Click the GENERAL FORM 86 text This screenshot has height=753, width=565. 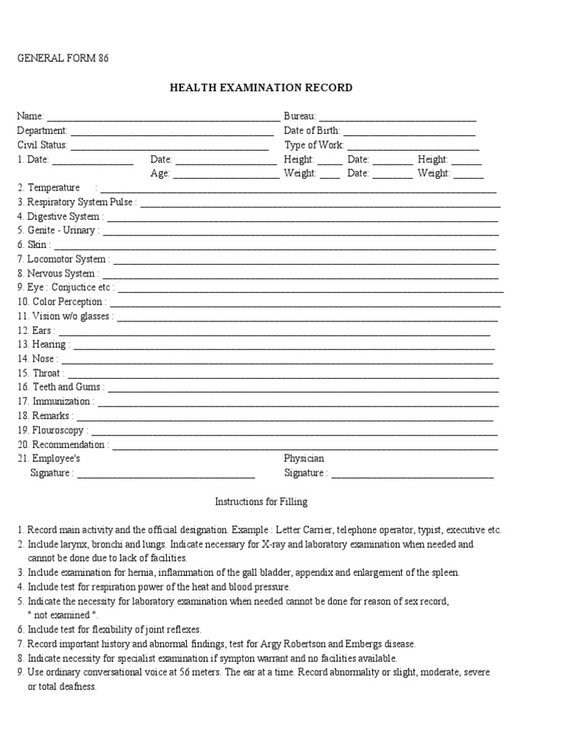pos(63,59)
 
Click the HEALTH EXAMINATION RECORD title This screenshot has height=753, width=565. pos(261,88)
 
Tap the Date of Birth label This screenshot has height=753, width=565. pos(312,131)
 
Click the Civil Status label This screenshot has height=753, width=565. pos(42,146)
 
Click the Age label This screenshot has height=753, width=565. pos(160,174)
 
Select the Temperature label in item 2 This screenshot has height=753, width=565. pos(53,188)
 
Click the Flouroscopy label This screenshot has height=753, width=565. pos(59,430)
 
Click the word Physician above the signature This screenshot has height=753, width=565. pos(304,459)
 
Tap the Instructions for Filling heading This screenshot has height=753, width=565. pos(261,502)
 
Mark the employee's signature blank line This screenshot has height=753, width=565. pos(166,474)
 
